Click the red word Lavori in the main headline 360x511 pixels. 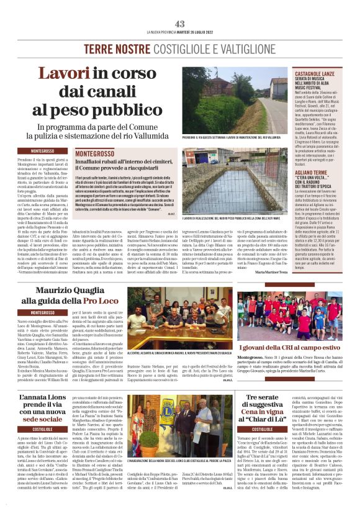(63, 74)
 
